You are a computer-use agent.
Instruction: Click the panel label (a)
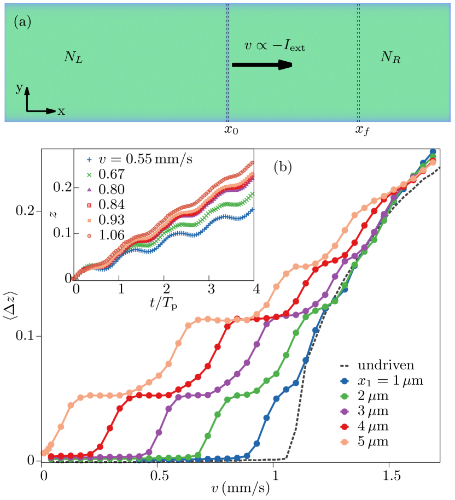click(x=22, y=22)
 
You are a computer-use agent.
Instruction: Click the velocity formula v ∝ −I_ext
click(x=275, y=47)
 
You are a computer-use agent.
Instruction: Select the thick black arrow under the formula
click(x=262, y=65)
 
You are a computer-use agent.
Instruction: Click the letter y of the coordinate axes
click(x=19, y=88)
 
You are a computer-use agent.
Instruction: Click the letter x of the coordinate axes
click(x=61, y=111)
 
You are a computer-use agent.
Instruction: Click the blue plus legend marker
click(x=89, y=160)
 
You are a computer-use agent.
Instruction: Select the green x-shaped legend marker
click(x=89, y=175)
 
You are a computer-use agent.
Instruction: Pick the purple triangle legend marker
click(x=89, y=190)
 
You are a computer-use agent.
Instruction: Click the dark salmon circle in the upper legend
click(x=89, y=236)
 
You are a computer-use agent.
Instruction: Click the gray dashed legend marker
click(x=345, y=366)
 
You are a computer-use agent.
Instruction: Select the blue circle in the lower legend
click(x=345, y=381)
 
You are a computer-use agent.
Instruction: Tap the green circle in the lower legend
click(x=345, y=396)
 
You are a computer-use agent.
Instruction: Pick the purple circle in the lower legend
click(x=345, y=411)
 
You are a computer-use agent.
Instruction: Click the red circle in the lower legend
click(x=345, y=426)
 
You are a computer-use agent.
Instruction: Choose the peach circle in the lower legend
click(x=345, y=442)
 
